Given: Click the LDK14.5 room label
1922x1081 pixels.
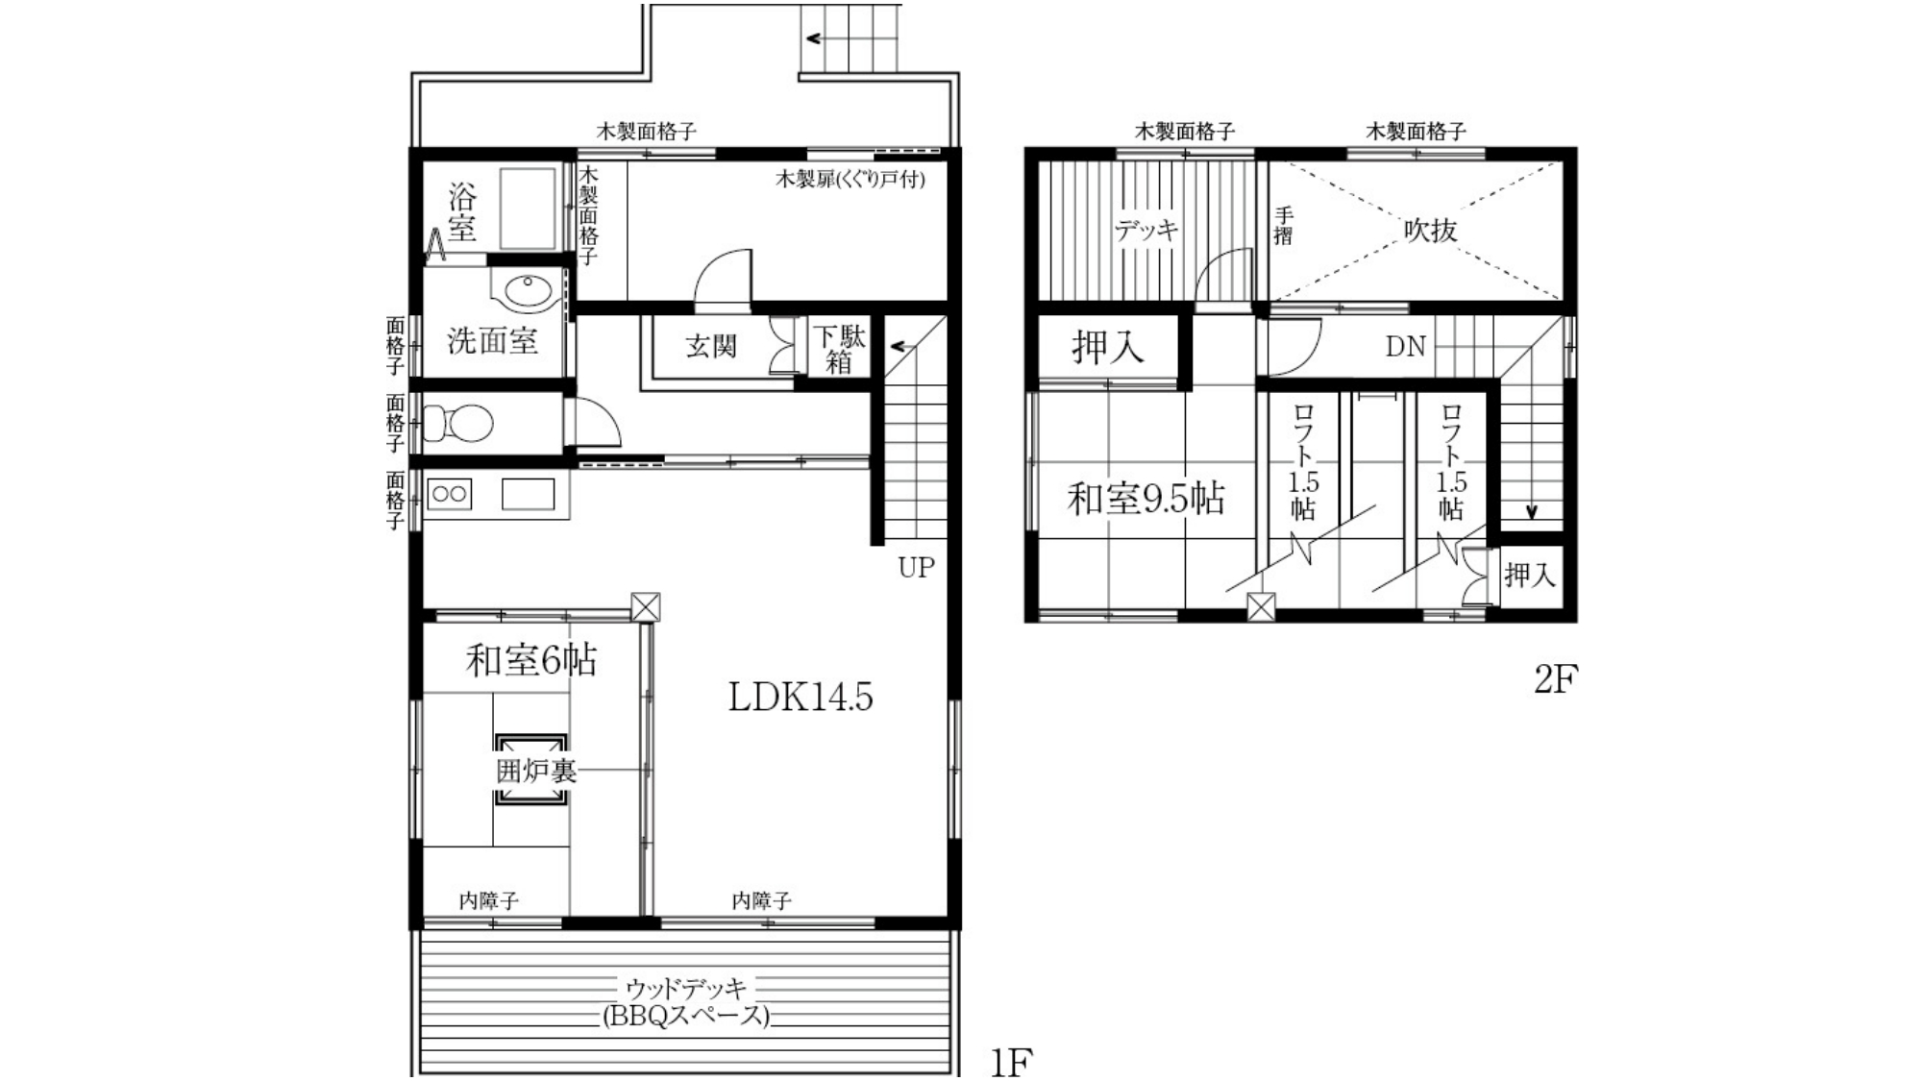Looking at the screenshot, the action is (801, 698).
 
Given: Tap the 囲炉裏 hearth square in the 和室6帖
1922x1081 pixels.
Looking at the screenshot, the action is (530, 770).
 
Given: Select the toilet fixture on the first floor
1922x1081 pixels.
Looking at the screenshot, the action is (458, 423).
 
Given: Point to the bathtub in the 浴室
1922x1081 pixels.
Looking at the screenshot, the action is (527, 209).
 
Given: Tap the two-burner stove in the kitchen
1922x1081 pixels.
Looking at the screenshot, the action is (449, 495).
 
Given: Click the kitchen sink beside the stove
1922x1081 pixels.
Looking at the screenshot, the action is (528, 494).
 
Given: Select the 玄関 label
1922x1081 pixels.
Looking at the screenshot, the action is (711, 346).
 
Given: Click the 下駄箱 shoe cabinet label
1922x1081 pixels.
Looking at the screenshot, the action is (839, 349).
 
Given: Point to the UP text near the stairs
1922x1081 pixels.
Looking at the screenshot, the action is (916, 567).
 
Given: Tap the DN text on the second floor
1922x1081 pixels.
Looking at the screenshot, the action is (1405, 347).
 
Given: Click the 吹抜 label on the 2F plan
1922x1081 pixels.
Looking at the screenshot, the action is (1431, 231).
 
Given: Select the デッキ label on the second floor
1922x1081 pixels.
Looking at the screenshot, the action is (1146, 231).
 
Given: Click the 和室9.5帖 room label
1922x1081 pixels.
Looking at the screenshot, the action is (1146, 499).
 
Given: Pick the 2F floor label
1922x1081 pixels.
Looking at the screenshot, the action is (1555, 679).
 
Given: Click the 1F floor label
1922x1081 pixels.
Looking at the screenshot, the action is (1011, 1063).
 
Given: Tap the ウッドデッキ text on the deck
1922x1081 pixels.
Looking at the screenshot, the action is (686, 988).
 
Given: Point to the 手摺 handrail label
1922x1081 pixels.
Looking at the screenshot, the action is (1283, 227).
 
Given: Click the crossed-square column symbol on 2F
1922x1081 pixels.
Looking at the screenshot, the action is (1261, 607).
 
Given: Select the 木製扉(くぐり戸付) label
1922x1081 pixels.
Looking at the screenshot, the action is (850, 179).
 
